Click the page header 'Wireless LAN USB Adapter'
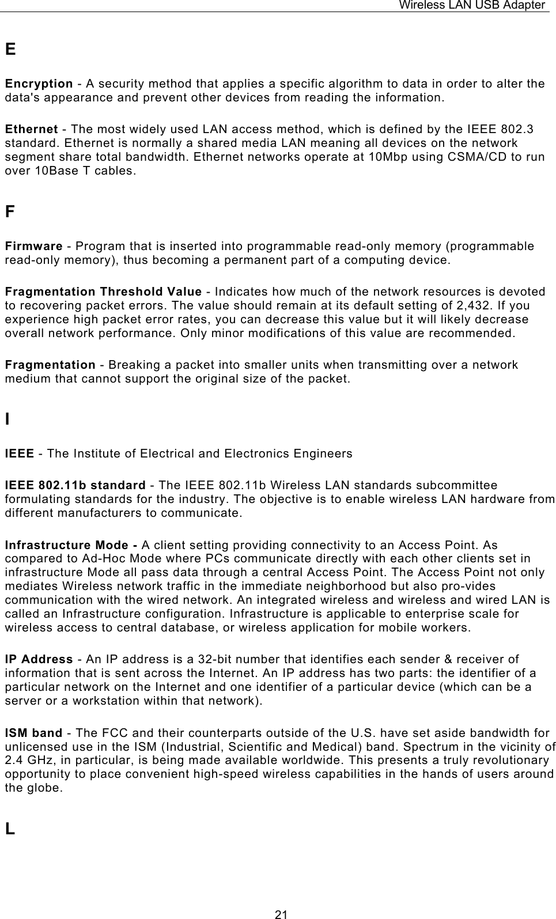pos(472,5)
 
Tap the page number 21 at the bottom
pos(281,914)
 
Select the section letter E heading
pos(10,50)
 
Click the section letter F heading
pos(10,212)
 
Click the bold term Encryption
pos(39,84)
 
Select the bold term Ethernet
pos(31,129)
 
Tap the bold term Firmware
pos(33,246)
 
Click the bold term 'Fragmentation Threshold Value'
pos(103,292)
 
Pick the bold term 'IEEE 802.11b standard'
pos(75,485)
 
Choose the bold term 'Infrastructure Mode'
pos(71,545)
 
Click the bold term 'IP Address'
pos(39,659)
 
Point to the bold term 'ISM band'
pos(33,733)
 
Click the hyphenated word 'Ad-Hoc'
pos(103,559)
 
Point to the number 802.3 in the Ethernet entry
pos(517,129)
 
